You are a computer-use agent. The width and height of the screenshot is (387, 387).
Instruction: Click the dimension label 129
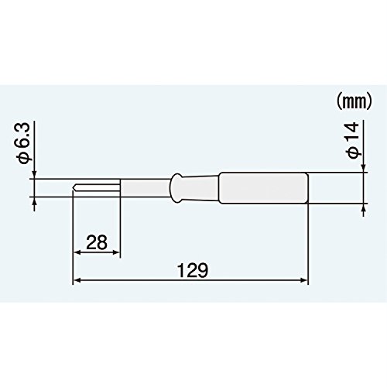tap(192, 270)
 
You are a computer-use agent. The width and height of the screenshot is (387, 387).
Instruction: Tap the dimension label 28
tap(97, 242)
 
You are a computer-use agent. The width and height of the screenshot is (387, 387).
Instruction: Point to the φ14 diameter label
tap(352, 140)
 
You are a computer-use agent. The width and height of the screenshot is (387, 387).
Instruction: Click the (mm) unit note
tap(354, 102)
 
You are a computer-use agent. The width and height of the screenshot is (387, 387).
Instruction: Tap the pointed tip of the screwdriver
tap(74, 187)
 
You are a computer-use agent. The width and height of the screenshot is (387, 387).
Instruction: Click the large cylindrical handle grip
tap(262, 188)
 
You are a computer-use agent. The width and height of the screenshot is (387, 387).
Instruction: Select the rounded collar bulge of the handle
tap(176, 187)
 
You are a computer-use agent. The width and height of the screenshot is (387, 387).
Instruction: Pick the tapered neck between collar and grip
tap(200, 187)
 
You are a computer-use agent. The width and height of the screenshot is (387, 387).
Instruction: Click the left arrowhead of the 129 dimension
tap(77, 280)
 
